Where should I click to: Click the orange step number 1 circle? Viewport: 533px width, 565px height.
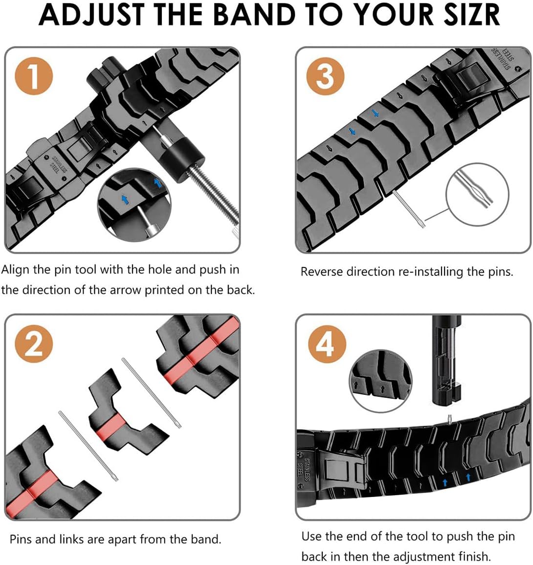33,76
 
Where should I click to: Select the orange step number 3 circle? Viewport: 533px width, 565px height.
325,76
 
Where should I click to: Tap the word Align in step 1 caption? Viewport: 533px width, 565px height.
16,270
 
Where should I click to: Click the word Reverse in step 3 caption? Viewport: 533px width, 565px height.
321,272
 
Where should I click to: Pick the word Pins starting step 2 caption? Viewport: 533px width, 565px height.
21,539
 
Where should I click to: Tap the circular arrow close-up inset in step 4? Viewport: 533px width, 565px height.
381,381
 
